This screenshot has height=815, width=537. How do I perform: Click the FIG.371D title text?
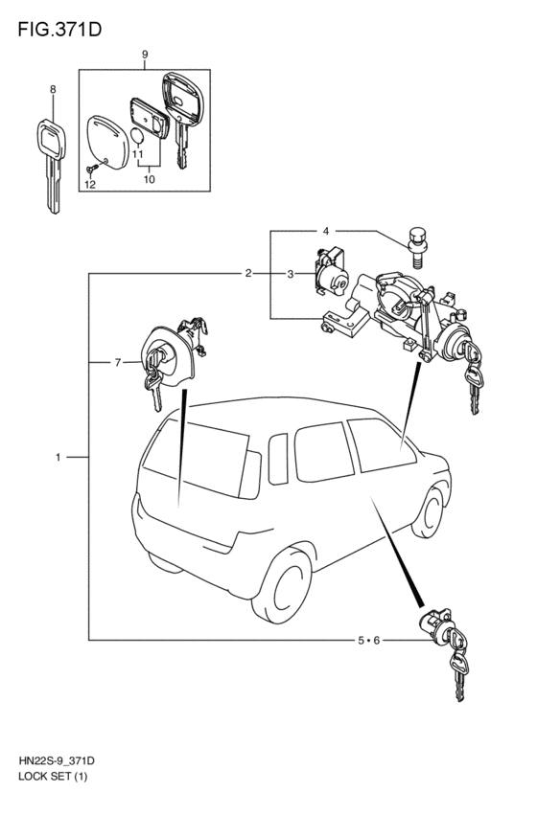click(59, 30)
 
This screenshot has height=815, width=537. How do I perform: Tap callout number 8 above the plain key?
click(53, 89)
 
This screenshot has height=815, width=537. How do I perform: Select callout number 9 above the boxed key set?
click(145, 54)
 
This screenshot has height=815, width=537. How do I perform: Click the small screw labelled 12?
click(92, 169)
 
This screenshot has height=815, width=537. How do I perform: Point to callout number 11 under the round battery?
click(137, 154)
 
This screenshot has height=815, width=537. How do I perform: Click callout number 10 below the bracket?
click(150, 179)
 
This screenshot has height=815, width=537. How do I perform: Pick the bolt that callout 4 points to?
click(415, 247)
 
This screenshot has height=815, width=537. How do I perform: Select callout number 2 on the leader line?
click(248, 273)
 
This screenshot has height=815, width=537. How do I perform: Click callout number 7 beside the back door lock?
click(118, 362)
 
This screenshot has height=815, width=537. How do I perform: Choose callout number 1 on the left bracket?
click(58, 458)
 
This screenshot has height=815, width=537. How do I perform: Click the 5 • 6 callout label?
click(368, 640)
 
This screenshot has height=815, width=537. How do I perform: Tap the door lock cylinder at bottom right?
click(437, 627)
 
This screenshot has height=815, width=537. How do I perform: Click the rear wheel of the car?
click(282, 583)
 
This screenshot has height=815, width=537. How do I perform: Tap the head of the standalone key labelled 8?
click(52, 138)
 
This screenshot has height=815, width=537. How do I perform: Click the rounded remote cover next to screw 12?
click(107, 143)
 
